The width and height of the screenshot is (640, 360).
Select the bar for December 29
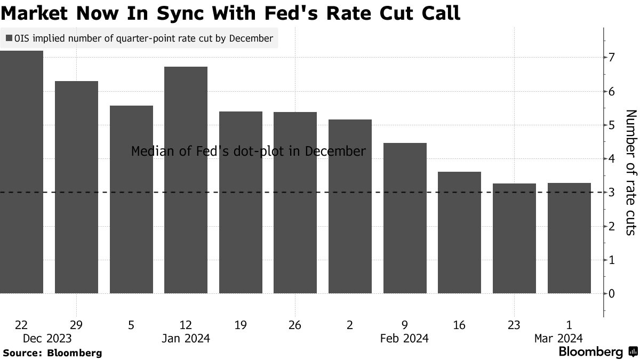(x=76, y=187)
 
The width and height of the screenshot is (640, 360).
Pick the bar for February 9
(x=405, y=218)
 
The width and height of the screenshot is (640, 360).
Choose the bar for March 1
(x=569, y=238)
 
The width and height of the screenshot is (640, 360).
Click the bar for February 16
(x=459, y=233)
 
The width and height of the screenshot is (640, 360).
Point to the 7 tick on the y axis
(x=613, y=58)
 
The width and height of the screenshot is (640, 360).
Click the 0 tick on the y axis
(x=613, y=294)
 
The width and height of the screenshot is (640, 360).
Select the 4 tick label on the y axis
(x=613, y=159)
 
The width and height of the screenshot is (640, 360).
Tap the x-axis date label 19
(x=241, y=325)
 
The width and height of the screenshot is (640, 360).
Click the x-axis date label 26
(x=295, y=325)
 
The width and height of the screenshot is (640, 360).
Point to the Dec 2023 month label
(x=47, y=338)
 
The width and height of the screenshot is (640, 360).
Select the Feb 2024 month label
(x=404, y=338)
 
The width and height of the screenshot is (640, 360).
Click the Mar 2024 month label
(x=558, y=338)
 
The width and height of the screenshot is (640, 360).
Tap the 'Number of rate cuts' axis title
(x=630, y=172)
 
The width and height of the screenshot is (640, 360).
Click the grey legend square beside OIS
(x=9, y=38)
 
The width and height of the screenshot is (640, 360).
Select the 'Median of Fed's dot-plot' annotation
(x=249, y=151)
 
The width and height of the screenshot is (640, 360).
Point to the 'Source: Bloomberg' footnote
(x=52, y=353)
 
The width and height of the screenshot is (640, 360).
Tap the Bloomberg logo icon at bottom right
(x=633, y=352)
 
